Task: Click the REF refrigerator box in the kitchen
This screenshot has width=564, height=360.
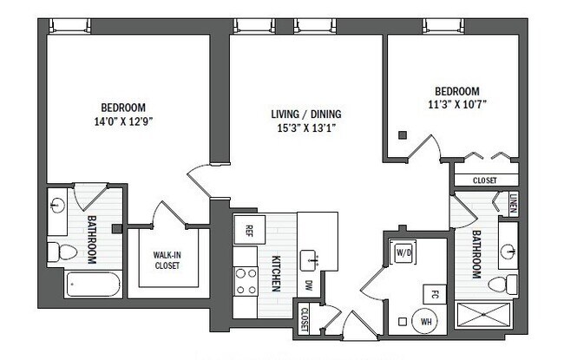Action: coord(248,230)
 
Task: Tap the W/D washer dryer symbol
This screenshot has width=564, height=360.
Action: coord(403,252)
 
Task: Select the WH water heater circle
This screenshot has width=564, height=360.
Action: coord(425,320)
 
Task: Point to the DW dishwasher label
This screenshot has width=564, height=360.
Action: coord(308,285)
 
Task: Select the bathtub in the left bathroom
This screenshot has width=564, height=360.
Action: coord(89,284)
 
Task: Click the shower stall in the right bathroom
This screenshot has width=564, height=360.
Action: coord(486,314)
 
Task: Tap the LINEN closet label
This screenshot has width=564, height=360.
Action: coord(514,205)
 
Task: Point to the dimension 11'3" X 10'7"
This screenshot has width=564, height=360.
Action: coord(457,106)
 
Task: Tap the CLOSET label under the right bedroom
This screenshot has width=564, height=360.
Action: coord(484,180)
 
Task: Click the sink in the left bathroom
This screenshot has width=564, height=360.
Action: coord(56,206)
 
